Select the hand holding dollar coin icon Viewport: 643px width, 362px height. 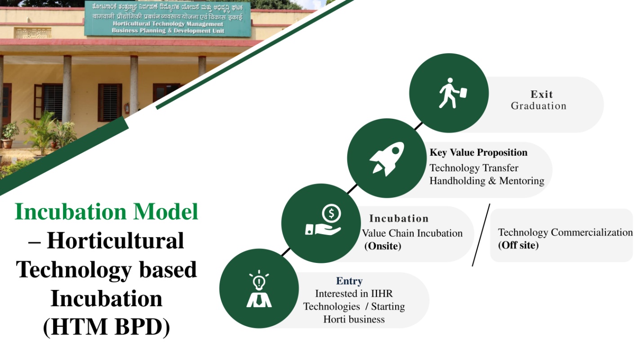(x=323, y=220)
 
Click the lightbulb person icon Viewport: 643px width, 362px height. (x=259, y=289)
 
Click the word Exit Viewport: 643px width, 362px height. (x=541, y=94)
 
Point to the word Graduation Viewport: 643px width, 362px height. (x=539, y=106)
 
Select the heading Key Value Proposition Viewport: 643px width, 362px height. (x=478, y=153)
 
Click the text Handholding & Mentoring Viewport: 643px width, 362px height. (x=487, y=181)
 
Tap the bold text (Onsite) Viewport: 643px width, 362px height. (x=383, y=246)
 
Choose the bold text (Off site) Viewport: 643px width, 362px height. (x=518, y=245)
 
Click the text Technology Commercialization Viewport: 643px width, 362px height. (x=565, y=232)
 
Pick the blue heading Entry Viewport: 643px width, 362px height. (x=349, y=281)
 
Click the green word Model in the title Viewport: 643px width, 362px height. (x=166, y=212)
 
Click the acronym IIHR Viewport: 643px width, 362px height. (x=381, y=294)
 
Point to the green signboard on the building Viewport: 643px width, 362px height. (x=168, y=18)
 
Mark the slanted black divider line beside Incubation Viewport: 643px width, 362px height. (x=481, y=235)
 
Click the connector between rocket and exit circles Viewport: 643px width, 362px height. (x=419, y=126)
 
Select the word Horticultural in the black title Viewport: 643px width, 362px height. (x=116, y=241)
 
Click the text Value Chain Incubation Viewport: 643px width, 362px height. (x=412, y=233)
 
